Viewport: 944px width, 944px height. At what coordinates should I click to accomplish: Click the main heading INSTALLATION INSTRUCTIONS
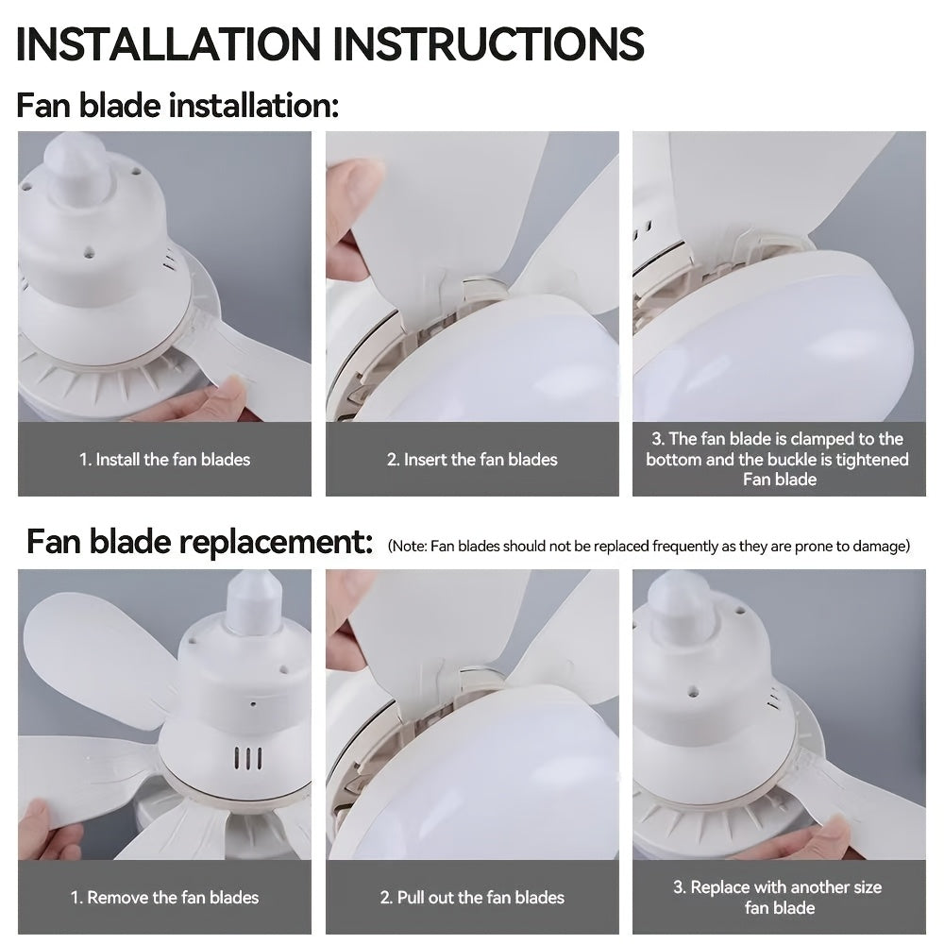click(x=330, y=44)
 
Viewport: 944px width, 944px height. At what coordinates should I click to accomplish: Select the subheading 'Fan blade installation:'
click(x=177, y=105)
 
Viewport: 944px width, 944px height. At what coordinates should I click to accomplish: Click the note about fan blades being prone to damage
click(x=649, y=546)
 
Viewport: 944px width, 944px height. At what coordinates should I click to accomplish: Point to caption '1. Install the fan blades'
click(x=164, y=460)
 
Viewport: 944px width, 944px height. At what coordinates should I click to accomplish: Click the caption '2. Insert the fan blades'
click(x=472, y=460)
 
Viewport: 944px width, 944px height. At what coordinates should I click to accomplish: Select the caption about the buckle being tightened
click(x=778, y=459)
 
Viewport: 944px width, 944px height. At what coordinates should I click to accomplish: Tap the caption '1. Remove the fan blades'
click(x=164, y=897)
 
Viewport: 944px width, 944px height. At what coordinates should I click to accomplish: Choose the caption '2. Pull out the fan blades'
click(x=472, y=897)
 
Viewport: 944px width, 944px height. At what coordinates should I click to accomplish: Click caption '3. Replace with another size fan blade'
click(x=778, y=897)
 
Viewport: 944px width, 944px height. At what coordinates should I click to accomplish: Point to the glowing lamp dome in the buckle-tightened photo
click(x=784, y=340)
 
